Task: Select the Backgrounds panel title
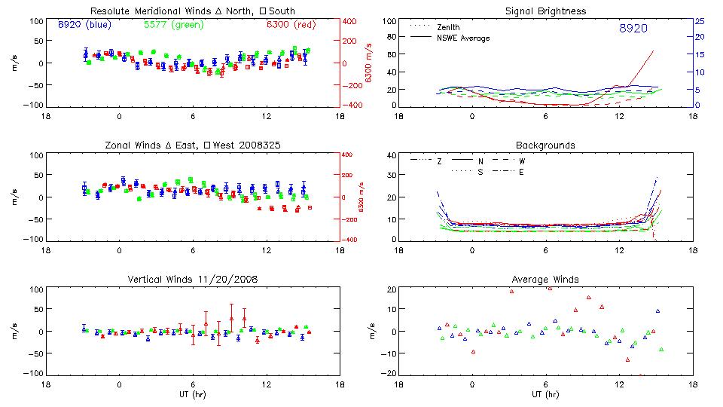click(547, 145)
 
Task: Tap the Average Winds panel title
click(547, 279)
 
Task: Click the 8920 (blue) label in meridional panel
click(84, 25)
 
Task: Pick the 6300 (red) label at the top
click(290, 25)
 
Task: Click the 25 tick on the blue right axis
click(699, 21)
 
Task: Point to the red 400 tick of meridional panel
click(352, 21)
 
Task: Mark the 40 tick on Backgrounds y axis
click(391, 156)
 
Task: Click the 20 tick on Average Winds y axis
click(391, 290)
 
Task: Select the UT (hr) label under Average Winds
click(547, 393)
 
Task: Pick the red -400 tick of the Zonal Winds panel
click(351, 240)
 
